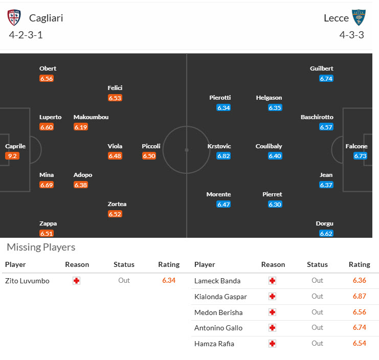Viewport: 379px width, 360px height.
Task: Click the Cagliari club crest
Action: (14, 18)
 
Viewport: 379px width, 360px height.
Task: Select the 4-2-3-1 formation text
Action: (26, 35)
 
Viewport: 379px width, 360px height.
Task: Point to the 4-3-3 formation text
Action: (352, 35)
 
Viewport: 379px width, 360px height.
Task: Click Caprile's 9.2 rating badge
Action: (12, 156)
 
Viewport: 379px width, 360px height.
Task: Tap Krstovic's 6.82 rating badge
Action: (224, 156)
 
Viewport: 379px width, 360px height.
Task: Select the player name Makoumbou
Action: (91, 117)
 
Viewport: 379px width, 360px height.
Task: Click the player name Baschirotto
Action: (317, 117)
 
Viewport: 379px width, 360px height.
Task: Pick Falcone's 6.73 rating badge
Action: (360, 156)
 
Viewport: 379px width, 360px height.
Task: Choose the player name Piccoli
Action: (151, 146)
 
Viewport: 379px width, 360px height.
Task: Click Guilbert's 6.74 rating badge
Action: (326, 78)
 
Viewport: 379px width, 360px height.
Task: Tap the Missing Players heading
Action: (41, 247)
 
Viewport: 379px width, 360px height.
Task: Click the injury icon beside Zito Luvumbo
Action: (77, 281)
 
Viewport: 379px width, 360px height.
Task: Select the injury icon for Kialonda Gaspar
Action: (273, 297)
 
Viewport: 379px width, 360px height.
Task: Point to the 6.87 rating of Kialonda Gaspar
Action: (359, 297)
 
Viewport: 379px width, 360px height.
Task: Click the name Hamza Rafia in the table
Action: (214, 344)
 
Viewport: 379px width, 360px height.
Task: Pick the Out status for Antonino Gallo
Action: (317, 328)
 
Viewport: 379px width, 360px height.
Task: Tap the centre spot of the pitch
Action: (187, 150)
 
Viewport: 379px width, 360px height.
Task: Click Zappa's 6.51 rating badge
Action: (47, 234)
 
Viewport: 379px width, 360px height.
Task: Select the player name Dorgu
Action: (325, 223)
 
